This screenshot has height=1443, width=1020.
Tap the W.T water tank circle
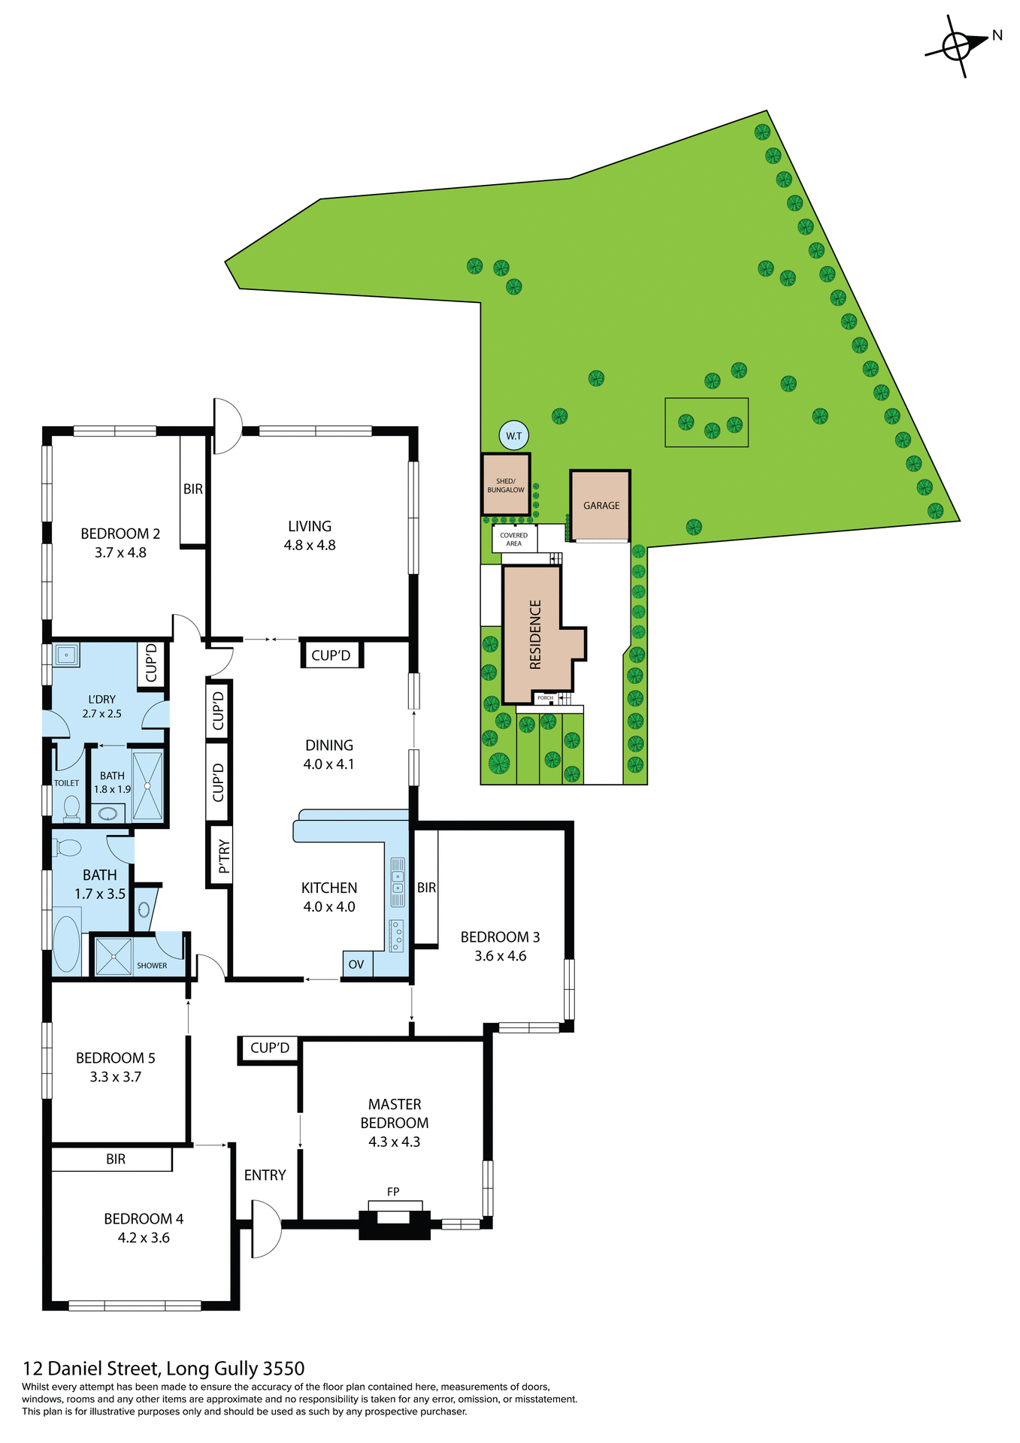click(513, 436)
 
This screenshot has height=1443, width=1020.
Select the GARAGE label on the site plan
click(601, 506)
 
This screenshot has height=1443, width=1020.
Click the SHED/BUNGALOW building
click(506, 485)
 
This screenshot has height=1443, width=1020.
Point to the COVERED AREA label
click(513, 540)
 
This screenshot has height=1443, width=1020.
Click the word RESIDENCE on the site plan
click(535, 634)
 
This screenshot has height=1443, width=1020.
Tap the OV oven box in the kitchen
click(356, 964)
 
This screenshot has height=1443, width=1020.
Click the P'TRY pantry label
click(223, 856)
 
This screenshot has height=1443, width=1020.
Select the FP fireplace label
click(393, 1191)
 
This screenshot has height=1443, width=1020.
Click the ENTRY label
click(265, 1175)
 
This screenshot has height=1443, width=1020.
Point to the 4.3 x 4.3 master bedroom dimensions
click(394, 1142)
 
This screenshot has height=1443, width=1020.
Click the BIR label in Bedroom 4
click(116, 1159)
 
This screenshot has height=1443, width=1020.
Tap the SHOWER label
click(152, 966)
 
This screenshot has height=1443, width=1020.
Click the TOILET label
click(66, 783)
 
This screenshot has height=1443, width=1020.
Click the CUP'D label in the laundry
click(151, 663)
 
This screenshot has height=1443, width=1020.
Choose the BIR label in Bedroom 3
click(426, 888)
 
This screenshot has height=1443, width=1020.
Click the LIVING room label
click(310, 526)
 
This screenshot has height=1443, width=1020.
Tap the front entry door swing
click(265, 1229)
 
